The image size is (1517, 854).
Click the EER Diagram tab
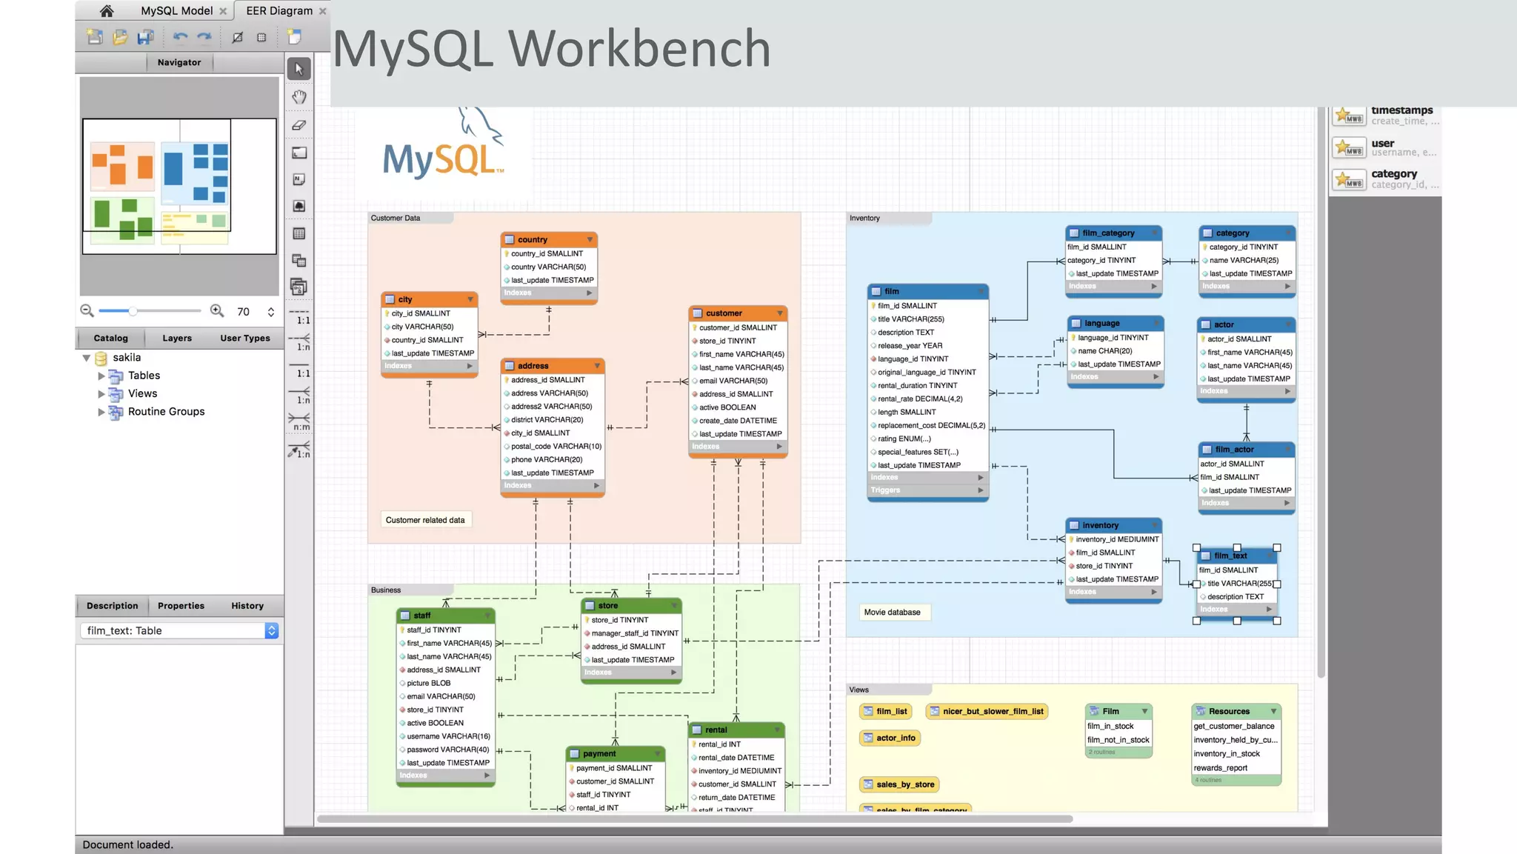point(279,11)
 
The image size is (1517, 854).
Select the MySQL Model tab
point(176,11)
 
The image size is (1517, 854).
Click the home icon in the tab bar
point(107,11)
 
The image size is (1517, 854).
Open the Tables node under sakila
point(144,376)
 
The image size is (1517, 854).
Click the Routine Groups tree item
point(166,412)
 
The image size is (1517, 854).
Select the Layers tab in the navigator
point(177,338)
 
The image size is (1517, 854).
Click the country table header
point(548,240)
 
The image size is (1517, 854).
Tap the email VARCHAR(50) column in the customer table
point(733,381)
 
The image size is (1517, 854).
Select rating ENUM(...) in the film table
point(904,438)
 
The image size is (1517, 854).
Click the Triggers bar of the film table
point(927,490)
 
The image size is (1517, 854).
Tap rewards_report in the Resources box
point(1220,768)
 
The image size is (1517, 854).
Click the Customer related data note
point(425,520)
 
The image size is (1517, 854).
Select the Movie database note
point(892,613)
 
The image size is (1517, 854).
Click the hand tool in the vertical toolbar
point(299,97)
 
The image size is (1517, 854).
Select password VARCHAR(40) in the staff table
point(447,750)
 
